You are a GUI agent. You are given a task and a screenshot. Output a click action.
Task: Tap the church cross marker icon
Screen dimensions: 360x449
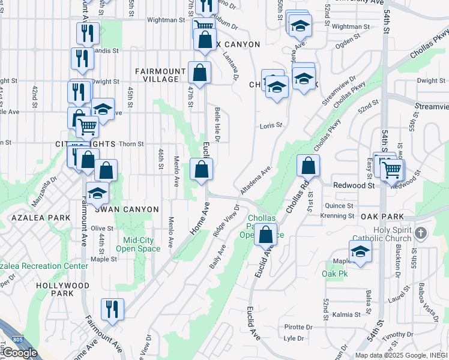click(x=421, y=232)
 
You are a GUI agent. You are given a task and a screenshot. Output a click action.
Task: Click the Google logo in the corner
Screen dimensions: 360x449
click(x=19, y=352)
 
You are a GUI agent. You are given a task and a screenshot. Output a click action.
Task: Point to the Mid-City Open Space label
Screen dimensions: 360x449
click(x=138, y=244)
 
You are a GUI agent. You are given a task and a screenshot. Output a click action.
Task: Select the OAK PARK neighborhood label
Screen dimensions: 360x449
click(x=382, y=216)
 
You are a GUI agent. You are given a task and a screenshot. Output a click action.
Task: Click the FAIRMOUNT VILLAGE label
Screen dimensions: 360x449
click(x=157, y=75)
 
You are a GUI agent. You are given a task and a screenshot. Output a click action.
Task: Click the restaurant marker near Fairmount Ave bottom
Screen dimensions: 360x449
click(x=112, y=309)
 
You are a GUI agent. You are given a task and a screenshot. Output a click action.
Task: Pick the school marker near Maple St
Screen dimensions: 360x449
click(x=360, y=251)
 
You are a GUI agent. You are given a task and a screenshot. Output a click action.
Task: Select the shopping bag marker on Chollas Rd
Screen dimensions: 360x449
click(x=308, y=165)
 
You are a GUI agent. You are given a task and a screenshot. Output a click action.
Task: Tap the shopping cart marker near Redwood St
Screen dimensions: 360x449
click(x=391, y=169)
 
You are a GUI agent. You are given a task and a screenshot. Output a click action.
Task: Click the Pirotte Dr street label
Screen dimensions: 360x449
click(x=299, y=327)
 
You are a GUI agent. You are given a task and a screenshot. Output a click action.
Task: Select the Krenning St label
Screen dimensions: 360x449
click(x=337, y=215)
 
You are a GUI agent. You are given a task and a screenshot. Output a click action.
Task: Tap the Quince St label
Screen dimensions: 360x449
click(x=339, y=205)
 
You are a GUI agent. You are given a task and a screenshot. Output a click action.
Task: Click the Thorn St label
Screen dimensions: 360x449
click(x=131, y=144)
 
